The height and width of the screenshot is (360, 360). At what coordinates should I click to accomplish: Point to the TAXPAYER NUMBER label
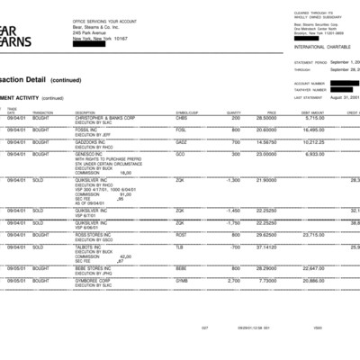click(x=309, y=89)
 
